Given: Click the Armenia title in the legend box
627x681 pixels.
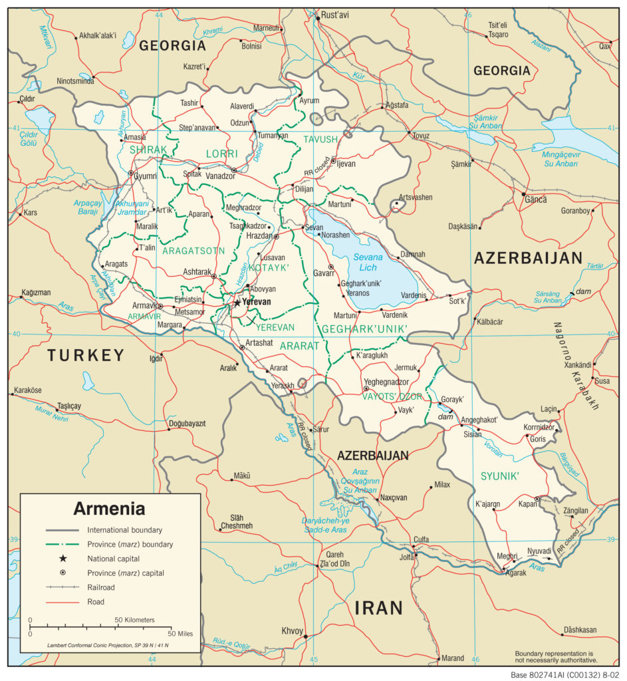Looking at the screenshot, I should (109, 509).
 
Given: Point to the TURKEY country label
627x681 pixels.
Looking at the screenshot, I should (86, 355).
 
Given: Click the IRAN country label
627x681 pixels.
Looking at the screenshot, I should (378, 607).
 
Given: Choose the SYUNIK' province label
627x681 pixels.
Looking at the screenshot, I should (499, 476).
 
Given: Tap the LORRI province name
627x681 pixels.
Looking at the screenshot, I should (221, 154).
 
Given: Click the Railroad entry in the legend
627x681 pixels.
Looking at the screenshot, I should (101, 587).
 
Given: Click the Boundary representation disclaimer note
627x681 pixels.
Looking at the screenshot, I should (555, 656).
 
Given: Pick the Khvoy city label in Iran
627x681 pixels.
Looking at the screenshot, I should (292, 630).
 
